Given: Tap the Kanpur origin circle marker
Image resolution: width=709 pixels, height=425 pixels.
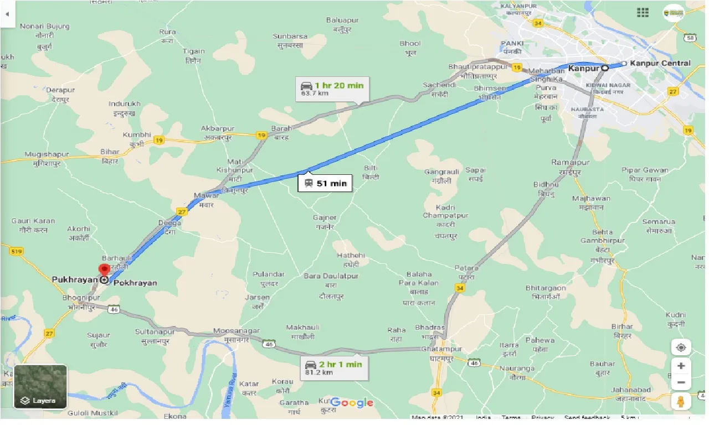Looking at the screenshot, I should click(x=605, y=68).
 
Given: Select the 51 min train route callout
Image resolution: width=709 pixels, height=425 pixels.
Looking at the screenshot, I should click(x=325, y=183).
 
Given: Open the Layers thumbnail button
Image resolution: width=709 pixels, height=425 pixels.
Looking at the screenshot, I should click(x=40, y=386).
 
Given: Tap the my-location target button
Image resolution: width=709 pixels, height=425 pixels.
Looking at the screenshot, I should click(x=681, y=348).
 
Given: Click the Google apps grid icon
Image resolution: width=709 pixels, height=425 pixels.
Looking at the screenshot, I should click(x=643, y=12).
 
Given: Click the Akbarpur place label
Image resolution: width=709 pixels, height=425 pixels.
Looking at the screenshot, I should click(x=218, y=132).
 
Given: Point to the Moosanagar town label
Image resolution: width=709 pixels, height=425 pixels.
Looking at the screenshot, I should click(x=237, y=335).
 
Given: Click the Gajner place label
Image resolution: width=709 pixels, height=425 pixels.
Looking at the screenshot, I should click(x=325, y=221).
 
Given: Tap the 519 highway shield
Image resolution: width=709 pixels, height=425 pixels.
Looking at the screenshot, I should click(x=17, y=252).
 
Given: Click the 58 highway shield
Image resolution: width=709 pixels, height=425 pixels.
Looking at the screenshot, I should click(x=690, y=37).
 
